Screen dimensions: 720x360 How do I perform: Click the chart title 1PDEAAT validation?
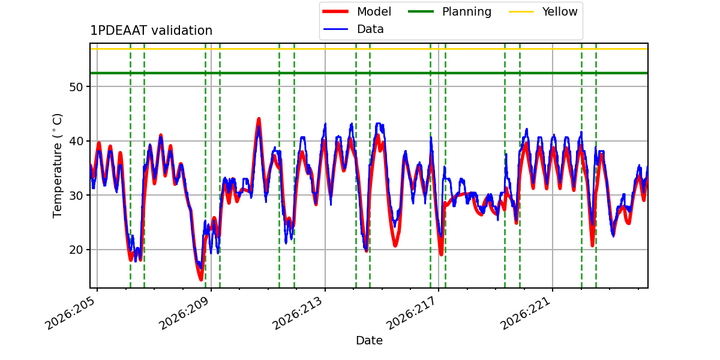(x=151, y=31)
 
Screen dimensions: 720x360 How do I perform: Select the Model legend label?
(x=374, y=11)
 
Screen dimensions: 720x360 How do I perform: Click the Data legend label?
(x=370, y=29)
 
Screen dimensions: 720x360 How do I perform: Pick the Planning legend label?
(x=467, y=11)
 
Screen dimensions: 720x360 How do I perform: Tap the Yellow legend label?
(x=560, y=11)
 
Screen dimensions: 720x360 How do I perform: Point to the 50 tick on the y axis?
(x=76, y=87)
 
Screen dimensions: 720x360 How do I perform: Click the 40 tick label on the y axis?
(x=76, y=142)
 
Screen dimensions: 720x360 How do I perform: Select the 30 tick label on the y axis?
(x=76, y=196)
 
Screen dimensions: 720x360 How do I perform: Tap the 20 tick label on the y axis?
(x=76, y=250)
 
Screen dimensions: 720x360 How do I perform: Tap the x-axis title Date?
(x=370, y=340)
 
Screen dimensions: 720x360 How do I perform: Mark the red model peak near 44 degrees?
(x=259, y=119)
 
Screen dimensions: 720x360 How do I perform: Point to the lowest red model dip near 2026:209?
(x=201, y=279)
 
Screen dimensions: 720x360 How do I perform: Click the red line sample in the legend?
(x=335, y=11)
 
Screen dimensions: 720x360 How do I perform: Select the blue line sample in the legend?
(x=335, y=29)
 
